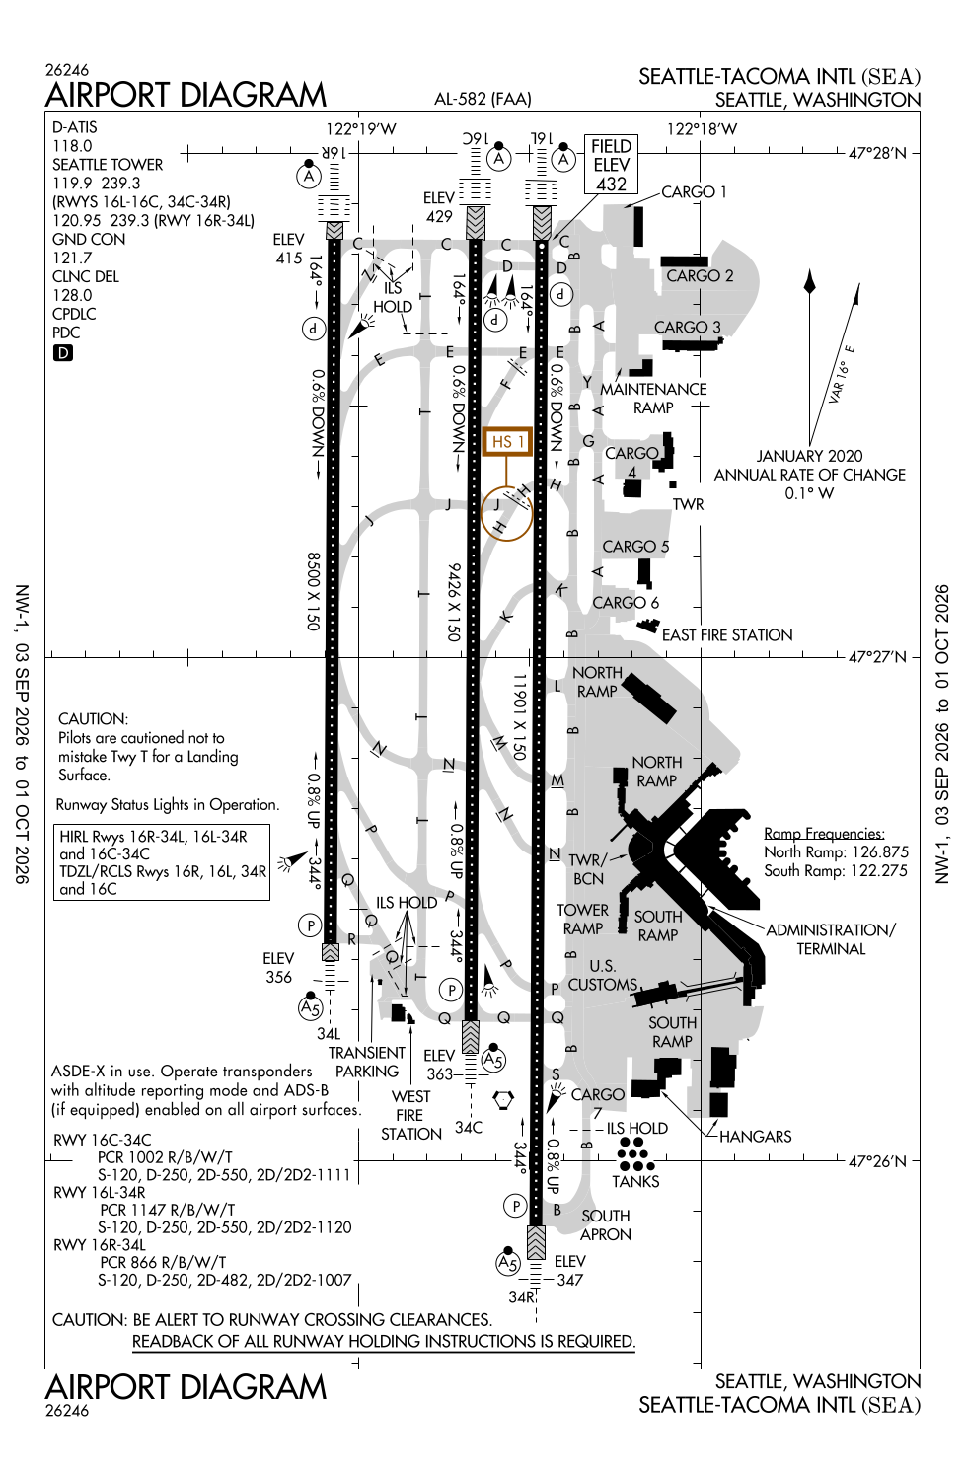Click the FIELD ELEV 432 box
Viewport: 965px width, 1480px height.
[611, 165]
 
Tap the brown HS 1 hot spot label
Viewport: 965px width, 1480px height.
[507, 441]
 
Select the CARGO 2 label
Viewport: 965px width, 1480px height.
[700, 275]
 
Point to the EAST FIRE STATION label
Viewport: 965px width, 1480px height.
[727, 635]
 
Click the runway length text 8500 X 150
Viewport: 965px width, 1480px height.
[314, 591]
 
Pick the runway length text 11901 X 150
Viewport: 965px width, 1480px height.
[520, 717]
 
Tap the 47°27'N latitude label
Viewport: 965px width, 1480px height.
[877, 657]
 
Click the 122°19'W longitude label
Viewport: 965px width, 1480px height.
[361, 129]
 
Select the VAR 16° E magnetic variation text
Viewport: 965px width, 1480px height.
[842, 374]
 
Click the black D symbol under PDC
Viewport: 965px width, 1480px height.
[63, 353]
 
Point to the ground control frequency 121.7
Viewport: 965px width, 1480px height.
[72, 258]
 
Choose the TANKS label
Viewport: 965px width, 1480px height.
[635, 1181]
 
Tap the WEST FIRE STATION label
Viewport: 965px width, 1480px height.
[410, 1115]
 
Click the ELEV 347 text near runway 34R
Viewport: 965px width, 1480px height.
[569, 1271]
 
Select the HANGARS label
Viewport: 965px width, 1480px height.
[755, 1137]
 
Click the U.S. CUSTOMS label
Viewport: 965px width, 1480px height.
[602, 975]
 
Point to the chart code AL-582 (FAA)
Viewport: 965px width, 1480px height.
[482, 99]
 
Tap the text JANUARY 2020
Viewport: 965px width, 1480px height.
[810, 456]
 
